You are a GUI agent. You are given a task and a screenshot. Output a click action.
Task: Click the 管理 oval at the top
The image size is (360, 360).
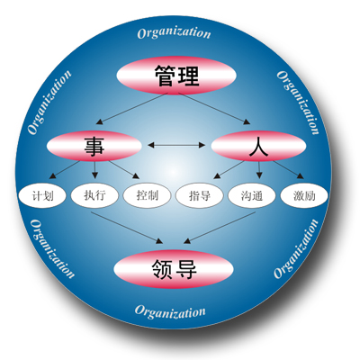(x=176, y=76)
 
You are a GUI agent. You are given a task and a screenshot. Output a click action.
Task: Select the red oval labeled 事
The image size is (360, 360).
(x=94, y=146)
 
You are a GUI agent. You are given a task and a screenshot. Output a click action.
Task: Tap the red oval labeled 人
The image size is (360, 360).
(x=258, y=146)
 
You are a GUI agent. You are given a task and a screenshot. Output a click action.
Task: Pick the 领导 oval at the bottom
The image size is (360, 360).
(x=174, y=269)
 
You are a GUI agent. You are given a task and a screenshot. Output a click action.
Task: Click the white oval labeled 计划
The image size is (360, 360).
(x=42, y=196)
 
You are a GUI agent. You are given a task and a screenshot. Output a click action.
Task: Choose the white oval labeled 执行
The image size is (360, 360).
(x=94, y=196)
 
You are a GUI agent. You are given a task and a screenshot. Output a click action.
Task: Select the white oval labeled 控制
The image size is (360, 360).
(x=147, y=196)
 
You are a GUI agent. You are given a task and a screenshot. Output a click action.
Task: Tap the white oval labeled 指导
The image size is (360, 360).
(x=200, y=196)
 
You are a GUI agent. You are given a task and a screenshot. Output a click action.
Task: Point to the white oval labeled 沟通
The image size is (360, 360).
(x=252, y=196)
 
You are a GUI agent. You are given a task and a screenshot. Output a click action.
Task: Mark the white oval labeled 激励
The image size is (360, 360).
(x=304, y=196)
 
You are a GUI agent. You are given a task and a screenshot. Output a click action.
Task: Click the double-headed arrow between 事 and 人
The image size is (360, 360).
(x=176, y=146)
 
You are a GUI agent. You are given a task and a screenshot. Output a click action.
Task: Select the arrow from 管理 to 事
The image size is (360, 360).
(x=131, y=109)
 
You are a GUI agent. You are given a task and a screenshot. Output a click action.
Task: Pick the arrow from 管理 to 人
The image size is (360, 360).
(x=214, y=108)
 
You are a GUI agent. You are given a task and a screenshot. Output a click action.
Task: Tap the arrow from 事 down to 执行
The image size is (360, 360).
(x=95, y=170)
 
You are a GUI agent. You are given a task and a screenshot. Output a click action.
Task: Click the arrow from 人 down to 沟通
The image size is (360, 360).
(x=259, y=170)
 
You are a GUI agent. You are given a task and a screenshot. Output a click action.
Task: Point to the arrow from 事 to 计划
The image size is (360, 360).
(x=65, y=170)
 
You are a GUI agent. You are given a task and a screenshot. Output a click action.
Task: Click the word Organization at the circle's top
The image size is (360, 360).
(x=174, y=33)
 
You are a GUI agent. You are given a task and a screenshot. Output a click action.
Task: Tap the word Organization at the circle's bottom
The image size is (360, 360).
(x=170, y=311)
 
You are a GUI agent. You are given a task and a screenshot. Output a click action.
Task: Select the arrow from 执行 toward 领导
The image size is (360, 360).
(x=127, y=228)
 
